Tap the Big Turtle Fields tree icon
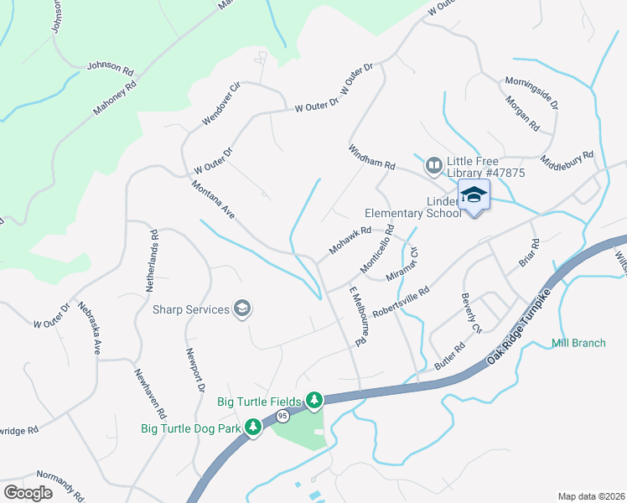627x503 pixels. tap(314, 402)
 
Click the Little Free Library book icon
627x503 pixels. tap(433, 166)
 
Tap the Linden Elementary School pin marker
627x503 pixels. tap(474, 197)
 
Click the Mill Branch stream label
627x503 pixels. tap(578, 343)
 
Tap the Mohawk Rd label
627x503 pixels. tap(350, 240)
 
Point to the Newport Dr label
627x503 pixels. tap(195, 370)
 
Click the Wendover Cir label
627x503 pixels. tap(221, 105)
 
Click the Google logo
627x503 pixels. tap(28, 492)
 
